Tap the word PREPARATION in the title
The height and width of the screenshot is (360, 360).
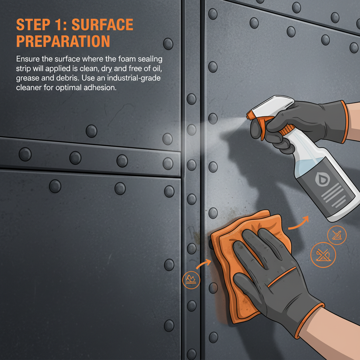63,41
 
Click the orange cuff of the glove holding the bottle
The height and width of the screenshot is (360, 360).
343,121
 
